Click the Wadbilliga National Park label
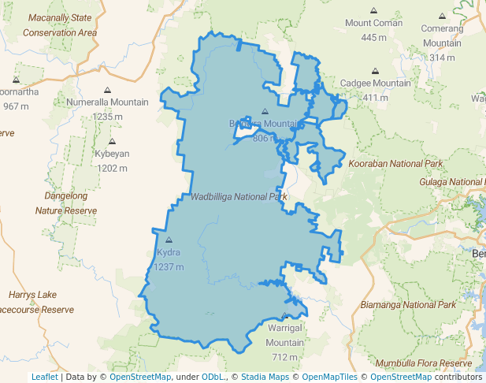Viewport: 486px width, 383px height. point(239,195)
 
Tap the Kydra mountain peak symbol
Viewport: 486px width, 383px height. point(169,240)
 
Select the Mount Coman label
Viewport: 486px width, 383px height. point(373,23)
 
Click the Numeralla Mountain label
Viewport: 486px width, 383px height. point(107,102)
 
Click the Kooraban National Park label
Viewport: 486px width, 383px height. point(396,163)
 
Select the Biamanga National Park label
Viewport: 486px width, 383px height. point(407,304)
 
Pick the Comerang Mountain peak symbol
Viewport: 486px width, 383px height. point(442,15)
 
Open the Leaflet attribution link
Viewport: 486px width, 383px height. point(45,377)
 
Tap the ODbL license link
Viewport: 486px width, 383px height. point(212,377)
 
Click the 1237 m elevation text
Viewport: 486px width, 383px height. point(169,266)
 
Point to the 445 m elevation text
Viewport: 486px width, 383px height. point(373,37)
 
